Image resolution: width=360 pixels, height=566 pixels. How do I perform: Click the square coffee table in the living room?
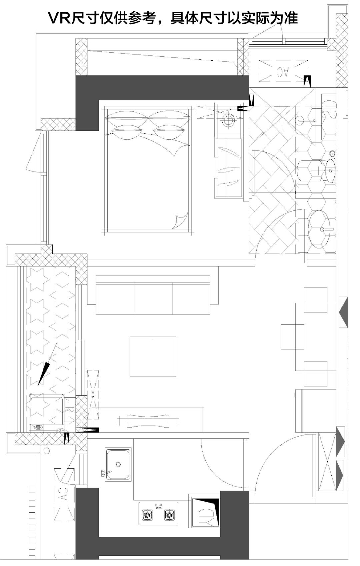[153, 357]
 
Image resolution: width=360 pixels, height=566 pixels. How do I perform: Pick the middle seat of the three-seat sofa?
[153, 299]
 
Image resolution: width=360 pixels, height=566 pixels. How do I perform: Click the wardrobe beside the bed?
[228, 167]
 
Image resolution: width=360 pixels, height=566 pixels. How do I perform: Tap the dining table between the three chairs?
[292, 337]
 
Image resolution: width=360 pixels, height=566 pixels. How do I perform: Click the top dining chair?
[315, 300]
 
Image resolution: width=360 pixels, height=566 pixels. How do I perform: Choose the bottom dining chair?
[315, 374]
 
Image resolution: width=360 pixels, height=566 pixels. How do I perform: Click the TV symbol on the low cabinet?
[148, 421]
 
